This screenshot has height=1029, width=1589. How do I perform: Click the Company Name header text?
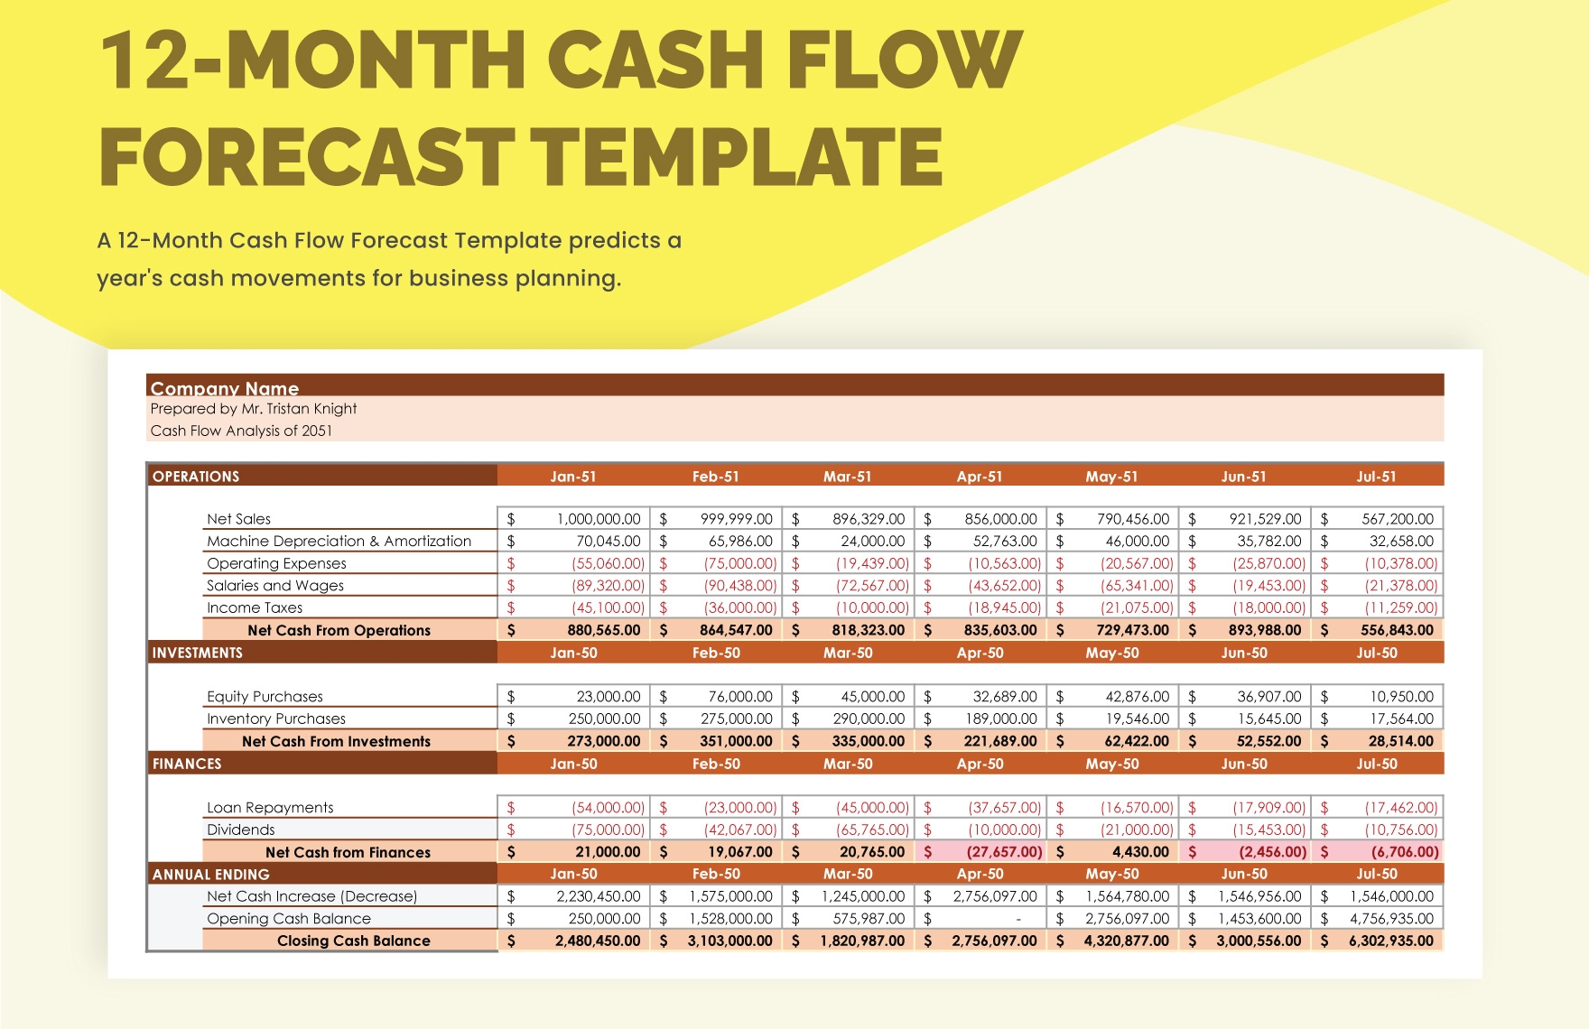[224, 388]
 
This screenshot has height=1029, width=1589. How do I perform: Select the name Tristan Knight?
[311, 409]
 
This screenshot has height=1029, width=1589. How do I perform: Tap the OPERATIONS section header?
[196, 477]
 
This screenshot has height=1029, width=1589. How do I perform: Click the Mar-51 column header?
[847, 477]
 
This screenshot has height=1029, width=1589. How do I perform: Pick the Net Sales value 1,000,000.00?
[598, 519]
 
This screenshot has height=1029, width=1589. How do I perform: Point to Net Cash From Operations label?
[339, 630]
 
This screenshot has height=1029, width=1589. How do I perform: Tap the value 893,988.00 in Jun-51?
[1264, 630]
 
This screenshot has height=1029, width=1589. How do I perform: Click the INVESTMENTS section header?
[197, 653]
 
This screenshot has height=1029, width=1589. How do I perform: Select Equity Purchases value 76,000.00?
[736, 697]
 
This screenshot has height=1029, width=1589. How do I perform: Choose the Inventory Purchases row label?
[276, 719]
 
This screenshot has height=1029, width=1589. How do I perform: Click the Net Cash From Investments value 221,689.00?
[1000, 741]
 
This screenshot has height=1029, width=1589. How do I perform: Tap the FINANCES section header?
[187, 764]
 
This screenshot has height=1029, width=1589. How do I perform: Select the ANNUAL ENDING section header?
[210, 875]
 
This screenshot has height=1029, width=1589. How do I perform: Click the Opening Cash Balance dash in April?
[1018, 919]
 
